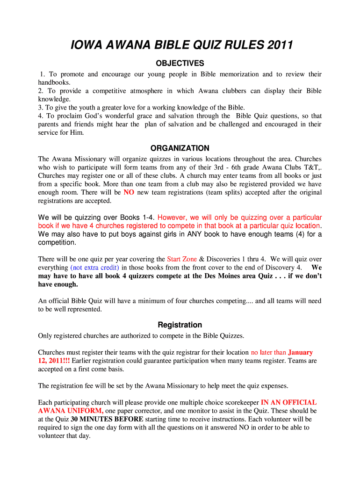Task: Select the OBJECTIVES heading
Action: pos(180,63)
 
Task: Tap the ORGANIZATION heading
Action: pos(180,148)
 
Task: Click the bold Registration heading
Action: pos(180,325)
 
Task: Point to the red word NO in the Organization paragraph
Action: pos(129,193)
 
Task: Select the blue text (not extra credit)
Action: pos(95,268)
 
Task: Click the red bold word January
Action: pos(300,352)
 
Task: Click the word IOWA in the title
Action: pos(85,45)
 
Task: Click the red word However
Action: pos(173,218)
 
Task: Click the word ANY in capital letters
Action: pos(194,234)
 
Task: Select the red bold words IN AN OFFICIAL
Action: pos(288,402)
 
